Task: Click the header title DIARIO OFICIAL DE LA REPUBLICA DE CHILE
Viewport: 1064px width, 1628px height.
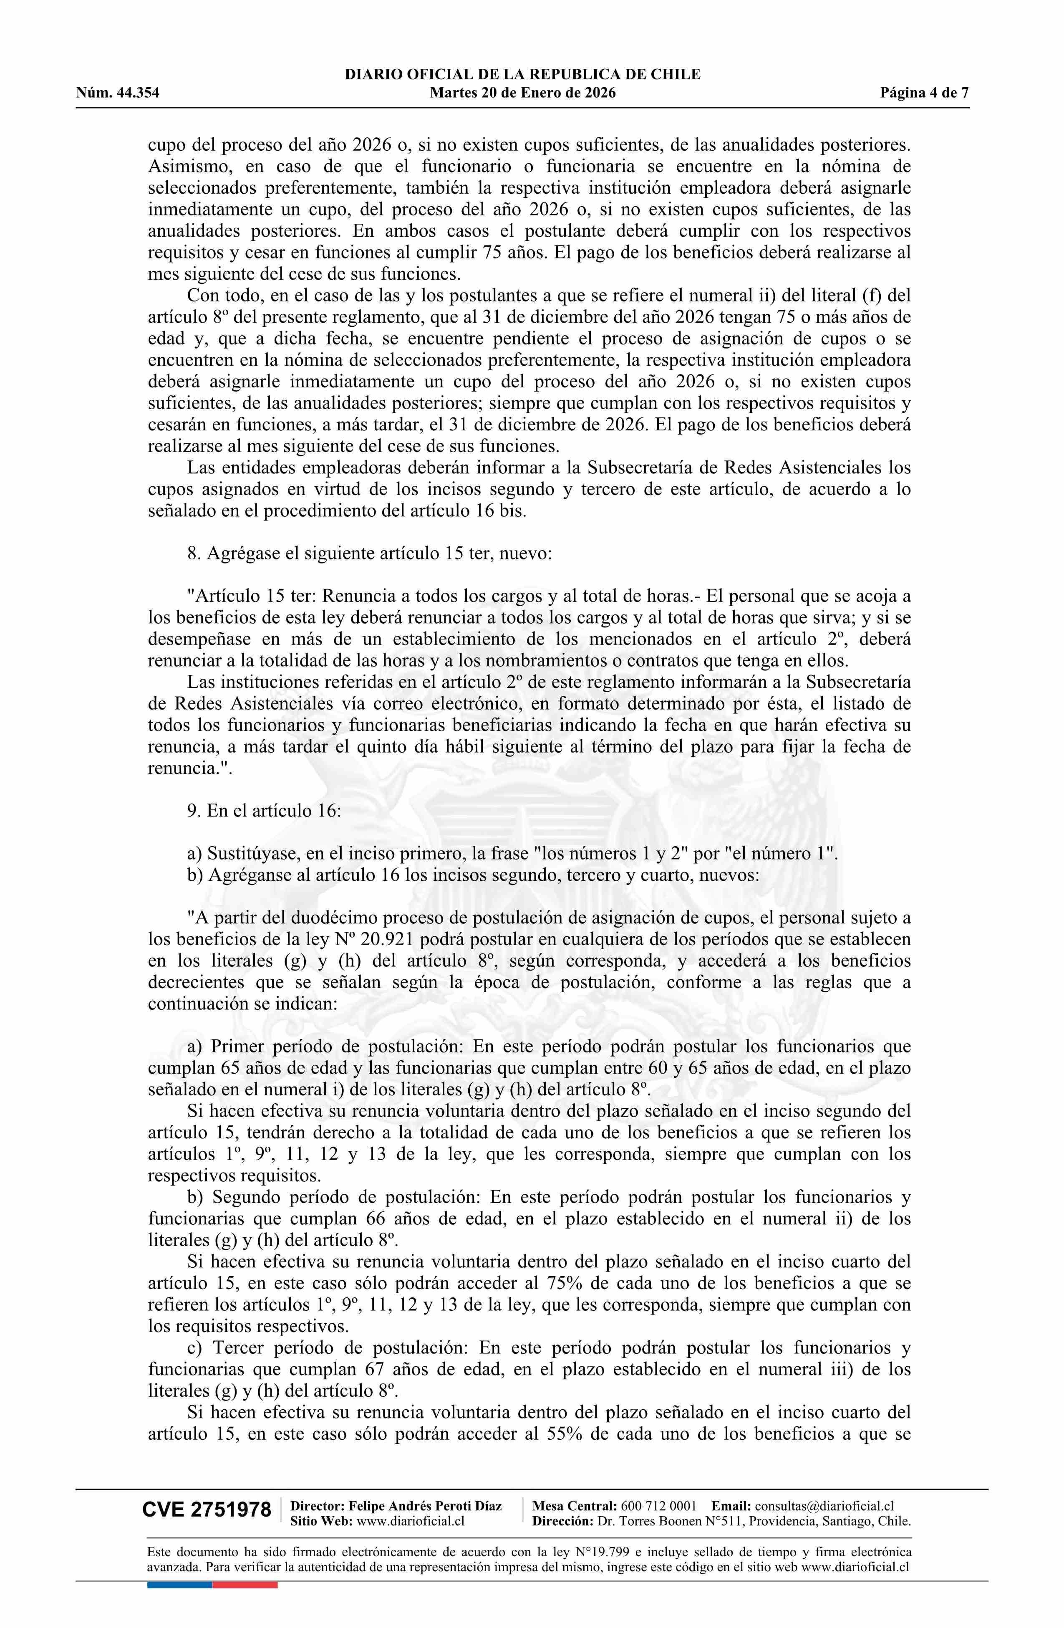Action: click(522, 75)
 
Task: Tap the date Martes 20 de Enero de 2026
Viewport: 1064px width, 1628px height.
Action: click(522, 93)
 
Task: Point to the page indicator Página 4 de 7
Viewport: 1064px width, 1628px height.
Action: click(925, 93)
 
